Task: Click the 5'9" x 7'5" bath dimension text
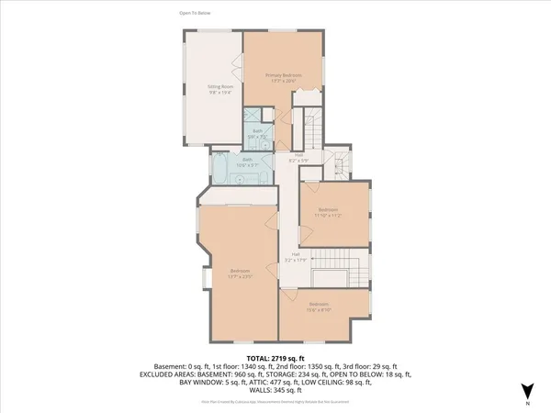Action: click(x=258, y=136)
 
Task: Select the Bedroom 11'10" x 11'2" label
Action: click(x=329, y=213)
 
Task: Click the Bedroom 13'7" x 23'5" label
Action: click(x=240, y=273)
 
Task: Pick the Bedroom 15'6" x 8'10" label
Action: click(x=319, y=307)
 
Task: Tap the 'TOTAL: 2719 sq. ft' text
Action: click(x=275, y=358)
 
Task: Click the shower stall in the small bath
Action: click(x=252, y=117)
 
